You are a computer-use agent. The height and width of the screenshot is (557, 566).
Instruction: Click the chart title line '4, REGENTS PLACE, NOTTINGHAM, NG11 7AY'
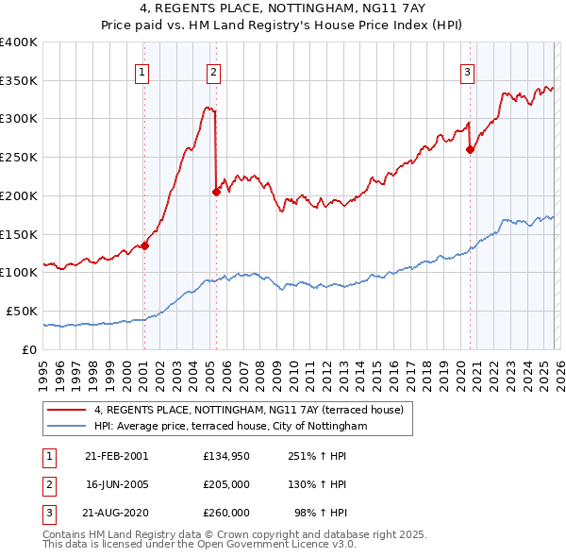282,8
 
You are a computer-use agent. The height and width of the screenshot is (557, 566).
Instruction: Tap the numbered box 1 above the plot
142,71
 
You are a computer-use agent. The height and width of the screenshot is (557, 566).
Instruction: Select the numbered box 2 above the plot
214,71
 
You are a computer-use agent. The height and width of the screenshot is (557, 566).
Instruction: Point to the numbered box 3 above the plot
467,71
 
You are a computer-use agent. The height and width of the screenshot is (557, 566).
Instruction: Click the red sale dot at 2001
145,245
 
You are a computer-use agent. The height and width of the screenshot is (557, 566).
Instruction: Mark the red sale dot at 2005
217,192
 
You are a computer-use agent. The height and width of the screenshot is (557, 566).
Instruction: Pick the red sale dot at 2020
470,148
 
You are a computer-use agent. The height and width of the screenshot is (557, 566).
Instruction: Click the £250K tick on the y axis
19,158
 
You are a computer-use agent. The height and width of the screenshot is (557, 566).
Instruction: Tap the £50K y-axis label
22,311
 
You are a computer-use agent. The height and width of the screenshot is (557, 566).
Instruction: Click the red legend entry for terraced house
249,410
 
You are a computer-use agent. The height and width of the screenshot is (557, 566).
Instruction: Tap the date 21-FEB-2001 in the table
116,456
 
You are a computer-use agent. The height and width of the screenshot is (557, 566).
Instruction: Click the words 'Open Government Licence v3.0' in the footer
282,544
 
